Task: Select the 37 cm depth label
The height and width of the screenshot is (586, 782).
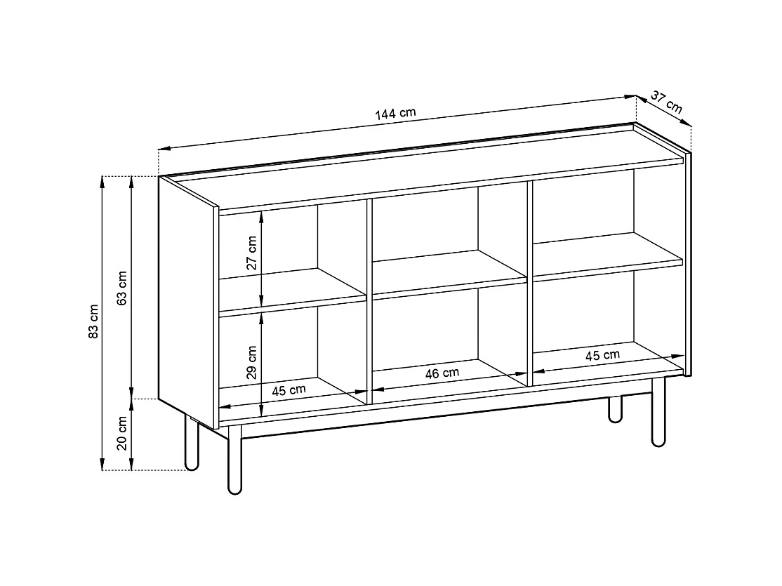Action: pos(666,102)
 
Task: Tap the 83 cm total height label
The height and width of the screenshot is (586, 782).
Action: pos(93,322)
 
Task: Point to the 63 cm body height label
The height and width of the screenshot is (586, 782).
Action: pos(121,288)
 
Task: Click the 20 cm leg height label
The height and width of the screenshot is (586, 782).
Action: pos(121,434)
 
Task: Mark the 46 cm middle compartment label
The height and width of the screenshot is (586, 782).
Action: pos(442,373)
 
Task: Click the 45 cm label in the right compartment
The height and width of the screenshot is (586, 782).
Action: pos(602,355)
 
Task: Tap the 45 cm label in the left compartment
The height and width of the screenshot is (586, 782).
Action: pos(289,390)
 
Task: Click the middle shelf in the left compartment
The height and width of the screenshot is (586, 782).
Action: pos(291,291)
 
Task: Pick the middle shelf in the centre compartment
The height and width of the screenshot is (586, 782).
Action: pos(449,273)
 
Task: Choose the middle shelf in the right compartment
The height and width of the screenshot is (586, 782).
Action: pos(608,253)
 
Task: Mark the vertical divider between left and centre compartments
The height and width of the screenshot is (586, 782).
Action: pos(369,302)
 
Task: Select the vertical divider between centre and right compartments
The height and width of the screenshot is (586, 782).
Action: pos(530,281)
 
